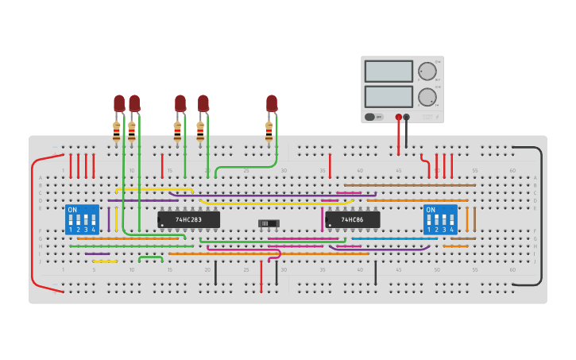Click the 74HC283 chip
(x=188, y=219)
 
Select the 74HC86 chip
(x=352, y=219)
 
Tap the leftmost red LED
(x=119, y=103)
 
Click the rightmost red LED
(x=272, y=103)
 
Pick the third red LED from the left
(x=180, y=103)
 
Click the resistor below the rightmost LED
(x=269, y=132)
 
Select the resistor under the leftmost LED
(x=117, y=132)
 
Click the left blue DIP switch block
(x=82, y=219)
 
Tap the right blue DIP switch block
(x=440, y=219)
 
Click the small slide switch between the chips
(x=269, y=223)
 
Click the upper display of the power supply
(x=389, y=72)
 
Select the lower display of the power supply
(x=389, y=97)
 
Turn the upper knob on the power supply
(x=427, y=72)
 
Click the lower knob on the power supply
(x=427, y=97)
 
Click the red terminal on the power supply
(x=399, y=117)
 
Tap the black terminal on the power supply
(x=407, y=117)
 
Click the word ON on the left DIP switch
(x=73, y=210)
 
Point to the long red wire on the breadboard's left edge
(x=33, y=223)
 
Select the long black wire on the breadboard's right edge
(x=542, y=215)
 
